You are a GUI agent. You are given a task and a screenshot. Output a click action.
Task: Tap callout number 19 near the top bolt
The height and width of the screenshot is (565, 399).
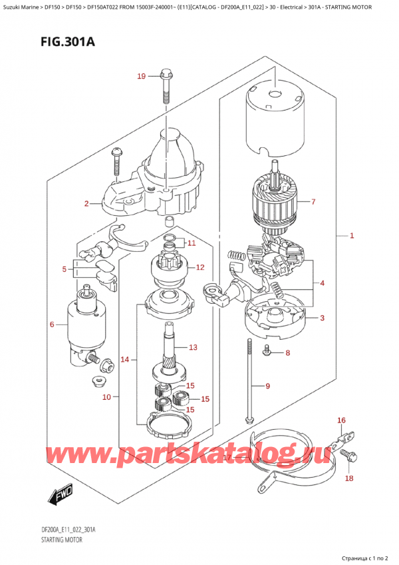click(141, 77)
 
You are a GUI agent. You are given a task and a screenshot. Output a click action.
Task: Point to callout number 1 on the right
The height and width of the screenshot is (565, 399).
click(352, 236)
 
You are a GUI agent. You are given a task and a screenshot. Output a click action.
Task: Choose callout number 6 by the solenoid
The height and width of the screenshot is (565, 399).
click(52, 324)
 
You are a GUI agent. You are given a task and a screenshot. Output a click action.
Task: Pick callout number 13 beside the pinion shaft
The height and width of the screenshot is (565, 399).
click(193, 347)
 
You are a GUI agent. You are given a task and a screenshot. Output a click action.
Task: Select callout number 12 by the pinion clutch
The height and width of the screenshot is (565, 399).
click(199, 267)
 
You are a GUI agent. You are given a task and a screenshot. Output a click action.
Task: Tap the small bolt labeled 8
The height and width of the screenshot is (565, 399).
click(267, 352)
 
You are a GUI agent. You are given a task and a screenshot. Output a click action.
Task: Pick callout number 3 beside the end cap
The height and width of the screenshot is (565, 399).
click(322, 318)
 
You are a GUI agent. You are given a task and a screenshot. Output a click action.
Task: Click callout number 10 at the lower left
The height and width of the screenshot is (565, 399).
click(107, 398)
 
